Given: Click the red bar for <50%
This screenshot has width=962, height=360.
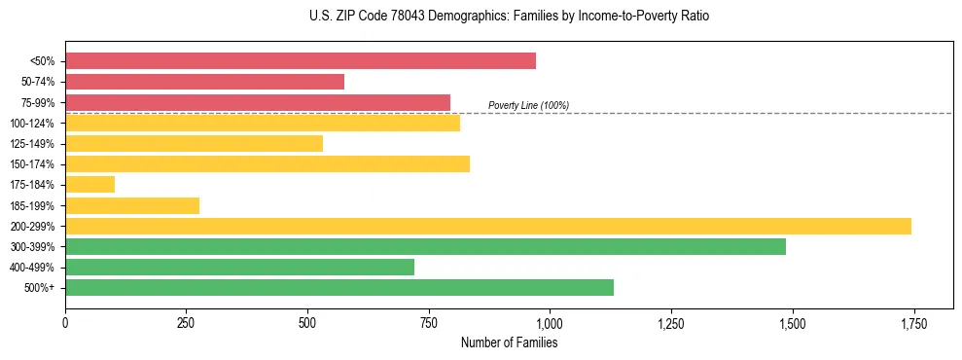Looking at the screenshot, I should tap(301, 60).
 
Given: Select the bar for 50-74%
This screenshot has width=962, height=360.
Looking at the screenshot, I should tap(204, 82).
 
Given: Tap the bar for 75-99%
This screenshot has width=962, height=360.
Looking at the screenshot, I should tap(258, 102).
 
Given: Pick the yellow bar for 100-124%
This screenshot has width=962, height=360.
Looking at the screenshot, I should tap(263, 123).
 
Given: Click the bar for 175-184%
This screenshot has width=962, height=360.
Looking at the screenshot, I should tap(89, 185).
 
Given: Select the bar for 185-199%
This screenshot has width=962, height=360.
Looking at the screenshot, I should tap(132, 205).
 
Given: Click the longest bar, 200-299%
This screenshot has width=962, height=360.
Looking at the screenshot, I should tap(488, 226).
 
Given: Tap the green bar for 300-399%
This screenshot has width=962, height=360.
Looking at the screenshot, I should tap(425, 246).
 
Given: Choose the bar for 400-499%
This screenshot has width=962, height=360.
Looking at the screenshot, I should tap(239, 267).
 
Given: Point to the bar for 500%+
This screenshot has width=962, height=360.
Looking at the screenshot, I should tap(339, 287).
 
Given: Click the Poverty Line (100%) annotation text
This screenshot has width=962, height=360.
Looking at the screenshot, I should tap(528, 105).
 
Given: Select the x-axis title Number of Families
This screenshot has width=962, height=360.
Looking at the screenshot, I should tap(509, 342).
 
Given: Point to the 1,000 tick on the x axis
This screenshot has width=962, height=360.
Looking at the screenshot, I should tap(550, 322).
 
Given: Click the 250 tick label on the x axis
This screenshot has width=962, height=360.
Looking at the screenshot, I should tap(186, 322).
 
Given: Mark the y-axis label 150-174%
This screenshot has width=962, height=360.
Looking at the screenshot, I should tap(32, 164).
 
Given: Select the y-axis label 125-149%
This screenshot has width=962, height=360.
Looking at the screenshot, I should tap(32, 144).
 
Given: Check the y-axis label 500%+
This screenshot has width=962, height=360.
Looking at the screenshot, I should tap(40, 288).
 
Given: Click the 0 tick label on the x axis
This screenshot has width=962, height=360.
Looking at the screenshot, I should tap(65, 322).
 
